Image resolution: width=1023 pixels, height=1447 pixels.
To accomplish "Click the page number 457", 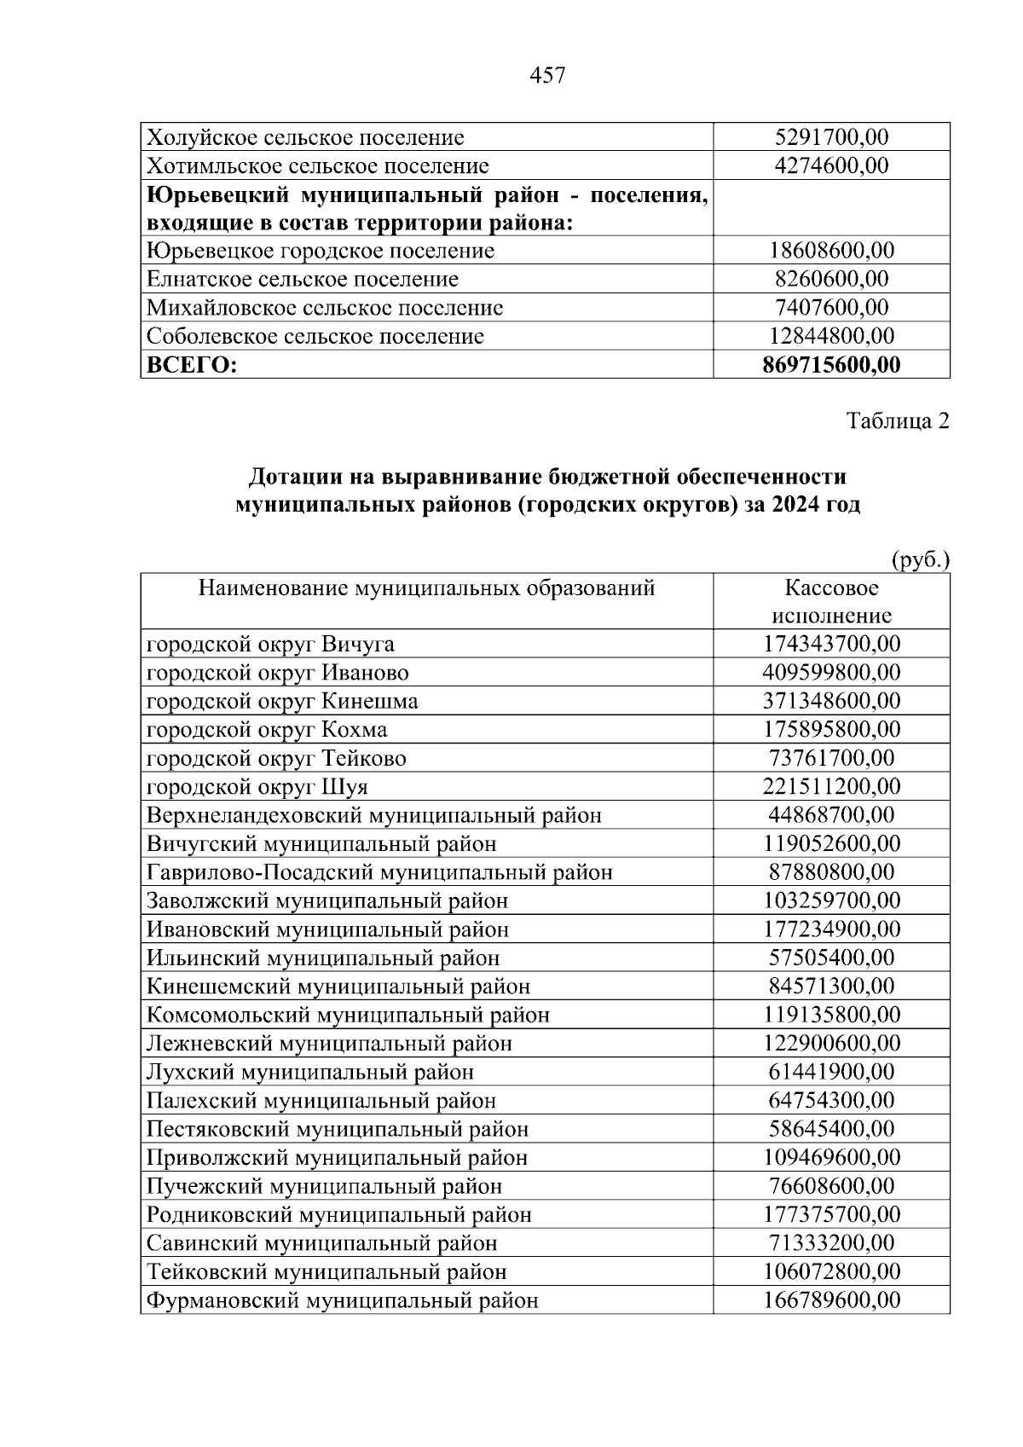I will coord(547,76).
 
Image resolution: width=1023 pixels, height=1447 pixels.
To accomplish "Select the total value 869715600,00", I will coord(831,365).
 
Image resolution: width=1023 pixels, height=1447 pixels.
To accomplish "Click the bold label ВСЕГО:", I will coord(191,366).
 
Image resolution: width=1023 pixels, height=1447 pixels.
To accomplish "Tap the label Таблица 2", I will coord(897,421).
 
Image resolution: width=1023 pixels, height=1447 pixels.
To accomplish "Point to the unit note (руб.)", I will coord(919,560).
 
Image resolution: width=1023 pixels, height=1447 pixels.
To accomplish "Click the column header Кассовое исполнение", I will coord(831,602).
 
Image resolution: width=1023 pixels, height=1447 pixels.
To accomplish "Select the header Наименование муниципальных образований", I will coord(426,588).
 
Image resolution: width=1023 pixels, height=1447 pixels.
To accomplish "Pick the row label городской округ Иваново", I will coord(277,673).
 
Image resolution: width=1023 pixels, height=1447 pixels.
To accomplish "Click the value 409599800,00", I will coord(831,673).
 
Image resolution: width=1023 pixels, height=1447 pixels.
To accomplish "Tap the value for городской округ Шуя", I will coord(831,786).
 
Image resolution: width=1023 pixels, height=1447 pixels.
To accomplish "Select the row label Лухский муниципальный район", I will coord(310,1072).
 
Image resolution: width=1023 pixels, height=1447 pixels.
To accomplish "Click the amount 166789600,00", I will coord(831,1300).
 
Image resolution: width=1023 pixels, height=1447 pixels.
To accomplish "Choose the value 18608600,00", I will coord(831,251).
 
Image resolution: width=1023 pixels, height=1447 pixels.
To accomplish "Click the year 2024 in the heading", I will coord(795,504).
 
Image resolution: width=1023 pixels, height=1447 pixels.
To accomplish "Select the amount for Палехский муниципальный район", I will coord(831,1100).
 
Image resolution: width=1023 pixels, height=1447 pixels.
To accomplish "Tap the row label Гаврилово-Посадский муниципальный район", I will coord(379,872).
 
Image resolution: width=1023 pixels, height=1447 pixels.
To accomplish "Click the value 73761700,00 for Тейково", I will coord(831,758).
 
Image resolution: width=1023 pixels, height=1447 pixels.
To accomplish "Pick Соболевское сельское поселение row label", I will coord(315,337).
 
